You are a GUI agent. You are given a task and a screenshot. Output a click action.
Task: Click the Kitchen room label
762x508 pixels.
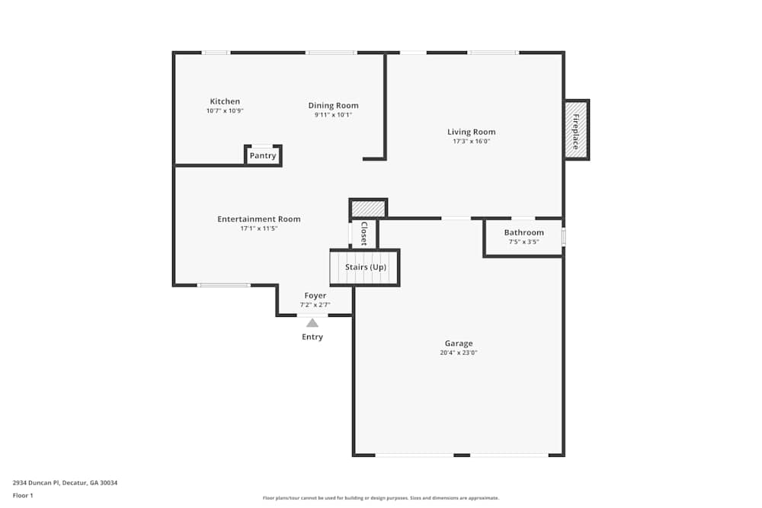click(225, 101)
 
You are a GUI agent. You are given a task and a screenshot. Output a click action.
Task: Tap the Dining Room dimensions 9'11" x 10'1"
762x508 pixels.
click(333, 115)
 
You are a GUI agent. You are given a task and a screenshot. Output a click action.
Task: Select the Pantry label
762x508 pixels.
click(263, 155)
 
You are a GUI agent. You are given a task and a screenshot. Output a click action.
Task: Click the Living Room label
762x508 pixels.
click(471, 132)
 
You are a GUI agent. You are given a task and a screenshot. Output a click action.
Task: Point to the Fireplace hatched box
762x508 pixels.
click(576, 129)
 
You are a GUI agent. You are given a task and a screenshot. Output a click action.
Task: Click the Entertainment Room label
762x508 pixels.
click(258, 219)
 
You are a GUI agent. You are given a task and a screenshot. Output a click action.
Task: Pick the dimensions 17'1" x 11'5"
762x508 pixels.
click(258, 228)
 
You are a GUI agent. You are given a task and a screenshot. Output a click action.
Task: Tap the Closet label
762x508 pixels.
click(364, 234)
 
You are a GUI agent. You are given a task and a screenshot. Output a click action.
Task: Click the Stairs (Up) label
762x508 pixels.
click(365, 267)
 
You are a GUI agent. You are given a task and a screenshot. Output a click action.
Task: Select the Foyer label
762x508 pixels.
click(315, 296)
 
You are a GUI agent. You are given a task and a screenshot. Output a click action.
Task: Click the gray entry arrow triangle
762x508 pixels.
click(312, 323)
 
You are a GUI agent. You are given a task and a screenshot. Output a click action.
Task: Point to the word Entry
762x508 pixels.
click(312, 337)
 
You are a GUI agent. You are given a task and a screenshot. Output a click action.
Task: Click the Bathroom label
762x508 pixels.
click(523, 232)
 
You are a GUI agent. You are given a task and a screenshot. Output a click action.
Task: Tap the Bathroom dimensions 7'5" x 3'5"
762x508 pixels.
click(523, 241)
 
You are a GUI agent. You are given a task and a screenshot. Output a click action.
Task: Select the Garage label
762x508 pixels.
click(459, 343)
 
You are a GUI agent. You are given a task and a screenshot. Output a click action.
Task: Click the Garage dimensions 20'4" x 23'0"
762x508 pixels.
click(459, 353)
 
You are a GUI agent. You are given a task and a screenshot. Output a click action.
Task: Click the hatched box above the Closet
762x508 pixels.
click(368, 208)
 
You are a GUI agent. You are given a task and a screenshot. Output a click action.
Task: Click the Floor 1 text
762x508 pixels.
click(23, 495)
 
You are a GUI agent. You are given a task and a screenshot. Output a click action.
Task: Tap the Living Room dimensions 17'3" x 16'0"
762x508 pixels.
click(471, 141)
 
